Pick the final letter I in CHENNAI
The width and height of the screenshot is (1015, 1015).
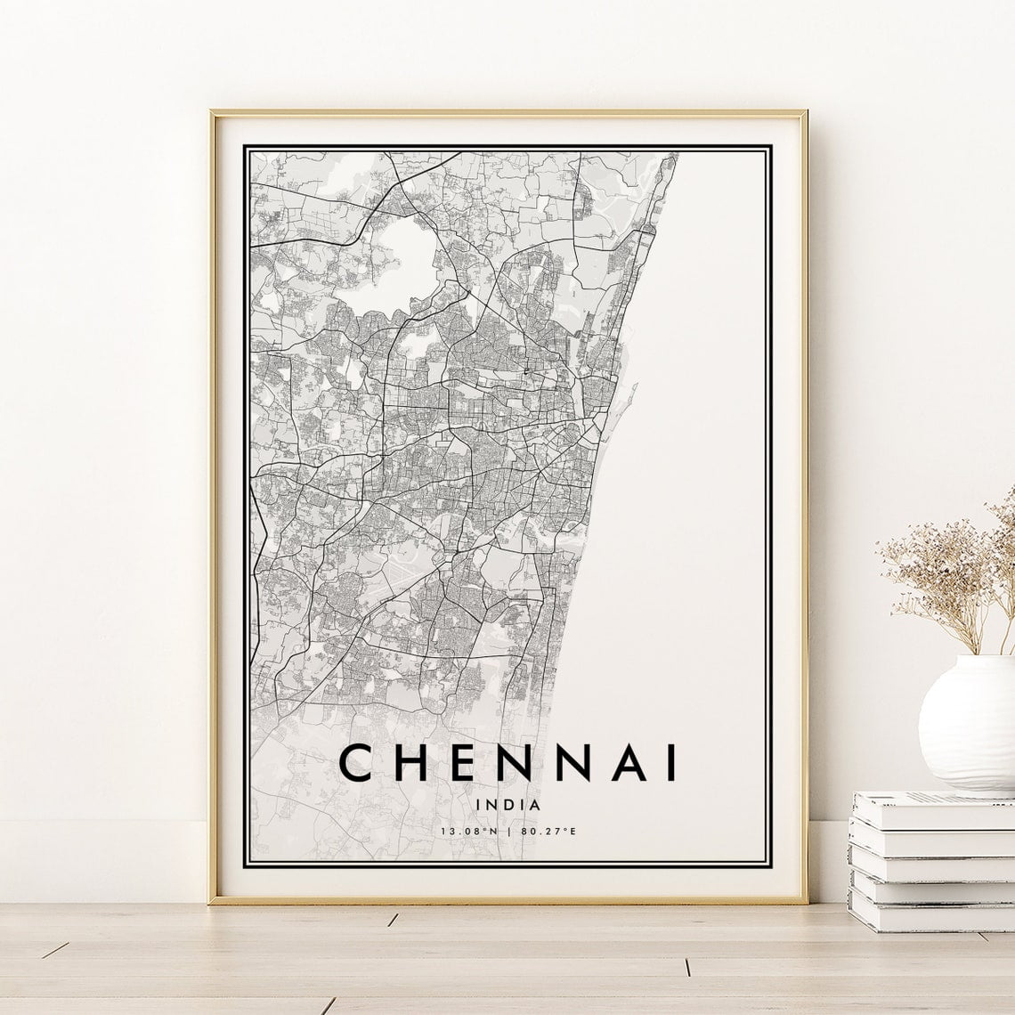pos(670,763)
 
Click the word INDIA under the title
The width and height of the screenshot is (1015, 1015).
pos(508,804)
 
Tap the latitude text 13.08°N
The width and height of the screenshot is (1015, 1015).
pos(468,832)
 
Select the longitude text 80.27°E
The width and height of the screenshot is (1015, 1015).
pos(548,832)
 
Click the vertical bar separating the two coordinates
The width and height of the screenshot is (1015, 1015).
pos(508,832)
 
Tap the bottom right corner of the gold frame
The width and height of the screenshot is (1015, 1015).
pos(805,900)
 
